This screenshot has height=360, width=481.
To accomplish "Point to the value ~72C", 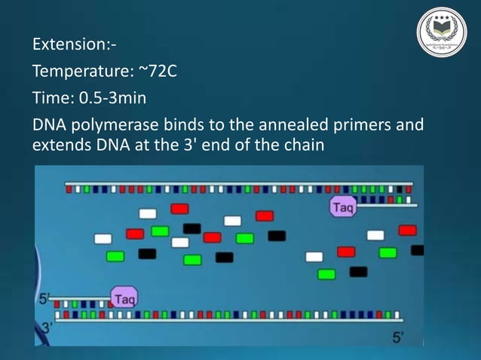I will pyautogui.click(x=164, y=72).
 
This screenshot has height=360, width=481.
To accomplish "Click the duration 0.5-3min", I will pyautogui.click(x=118, y=99).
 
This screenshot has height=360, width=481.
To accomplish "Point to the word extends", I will pyautogui.click(x=61, y=145).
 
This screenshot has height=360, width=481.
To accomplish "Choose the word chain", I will pyautogui.click(x=303, y=145).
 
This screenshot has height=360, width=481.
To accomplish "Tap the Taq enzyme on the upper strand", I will pyautogui.click(x=343, y=206).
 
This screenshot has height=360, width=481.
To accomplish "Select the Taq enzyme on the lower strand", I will pyautogui.click(x=124, y=297).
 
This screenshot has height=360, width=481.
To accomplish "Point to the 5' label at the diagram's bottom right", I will pyautogui.click(x=397, y=336).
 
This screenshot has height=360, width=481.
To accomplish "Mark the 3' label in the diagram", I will pyautogui.click(x=46, y=327).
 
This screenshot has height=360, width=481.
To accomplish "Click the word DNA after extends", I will pyautogui.click(x=113, y=145).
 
